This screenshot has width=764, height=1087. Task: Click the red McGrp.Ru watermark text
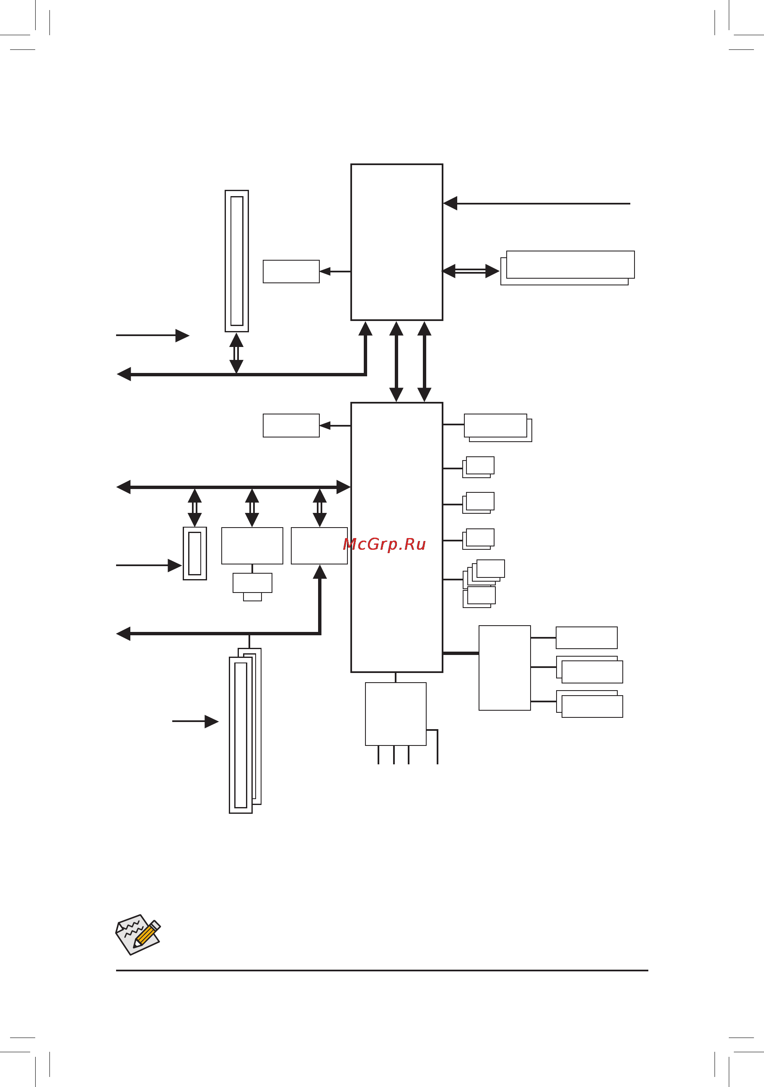[384, 544]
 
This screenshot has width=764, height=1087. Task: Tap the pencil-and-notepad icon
[138, 934]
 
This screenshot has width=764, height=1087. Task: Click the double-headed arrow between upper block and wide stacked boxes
[471, 271]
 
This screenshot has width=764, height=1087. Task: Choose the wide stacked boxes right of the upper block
[568, 267]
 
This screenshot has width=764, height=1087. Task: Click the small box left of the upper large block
[291, 271]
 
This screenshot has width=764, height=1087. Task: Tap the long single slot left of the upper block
[237, 261]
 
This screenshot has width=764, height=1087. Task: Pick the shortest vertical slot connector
[194, 553]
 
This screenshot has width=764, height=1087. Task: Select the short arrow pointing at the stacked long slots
[195, 722]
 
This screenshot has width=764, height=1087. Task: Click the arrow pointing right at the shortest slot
[149, 565]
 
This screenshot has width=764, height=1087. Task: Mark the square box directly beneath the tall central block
[395, 714]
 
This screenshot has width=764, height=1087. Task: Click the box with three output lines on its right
[504, 668]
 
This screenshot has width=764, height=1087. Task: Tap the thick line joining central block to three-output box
[461, 653]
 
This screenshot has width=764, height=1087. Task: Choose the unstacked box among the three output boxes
[586, 638]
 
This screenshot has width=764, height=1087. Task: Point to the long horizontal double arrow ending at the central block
[233, 487]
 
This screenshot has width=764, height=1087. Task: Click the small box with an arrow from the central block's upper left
[291, 425]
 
